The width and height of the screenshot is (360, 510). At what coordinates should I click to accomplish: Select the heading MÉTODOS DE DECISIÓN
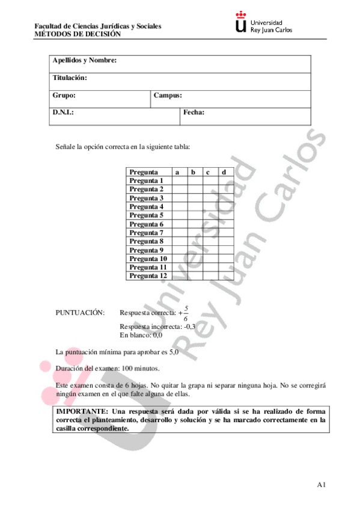[x=78, y=34]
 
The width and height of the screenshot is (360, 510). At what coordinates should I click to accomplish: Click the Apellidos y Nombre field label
[x=84, y=61]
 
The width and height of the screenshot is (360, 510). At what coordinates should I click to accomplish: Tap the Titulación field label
[x=70, y=78]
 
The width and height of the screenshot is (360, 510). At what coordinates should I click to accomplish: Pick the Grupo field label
[x=64, y=96]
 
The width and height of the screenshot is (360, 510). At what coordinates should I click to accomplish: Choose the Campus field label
[x=168, y=96]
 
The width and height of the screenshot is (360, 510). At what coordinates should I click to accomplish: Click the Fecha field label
[x=194, y=112]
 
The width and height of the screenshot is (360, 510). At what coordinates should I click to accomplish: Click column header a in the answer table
[x=178, y=172]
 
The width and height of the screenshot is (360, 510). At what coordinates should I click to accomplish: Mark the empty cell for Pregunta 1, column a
[x=178, y=180]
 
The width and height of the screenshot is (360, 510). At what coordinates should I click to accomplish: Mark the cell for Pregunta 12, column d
[x=225, y=275]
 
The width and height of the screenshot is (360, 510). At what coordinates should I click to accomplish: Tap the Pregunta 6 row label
[x=146, y=224]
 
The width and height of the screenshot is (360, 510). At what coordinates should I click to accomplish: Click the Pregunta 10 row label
[x=148, y=259]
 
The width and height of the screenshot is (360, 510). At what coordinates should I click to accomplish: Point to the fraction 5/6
[x=186, y=313]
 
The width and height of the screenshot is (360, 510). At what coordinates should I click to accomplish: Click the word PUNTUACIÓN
[x=79, y=313]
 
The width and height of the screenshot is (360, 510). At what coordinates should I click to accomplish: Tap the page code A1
[x=321, y=484]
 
